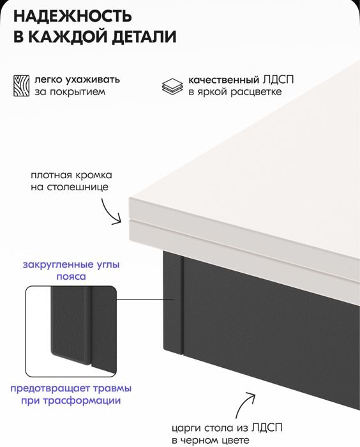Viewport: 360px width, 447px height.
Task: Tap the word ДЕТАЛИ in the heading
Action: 144,37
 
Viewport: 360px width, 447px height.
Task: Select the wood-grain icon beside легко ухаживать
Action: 21,86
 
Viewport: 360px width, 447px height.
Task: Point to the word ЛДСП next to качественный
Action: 280,80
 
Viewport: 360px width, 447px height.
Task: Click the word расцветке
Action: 256,92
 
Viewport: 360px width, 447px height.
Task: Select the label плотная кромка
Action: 71,175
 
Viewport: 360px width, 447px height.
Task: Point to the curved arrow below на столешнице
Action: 111,211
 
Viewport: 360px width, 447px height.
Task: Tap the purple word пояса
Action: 71,277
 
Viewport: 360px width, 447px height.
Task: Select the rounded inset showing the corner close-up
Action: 71,332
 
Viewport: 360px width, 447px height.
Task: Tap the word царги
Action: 185,427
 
